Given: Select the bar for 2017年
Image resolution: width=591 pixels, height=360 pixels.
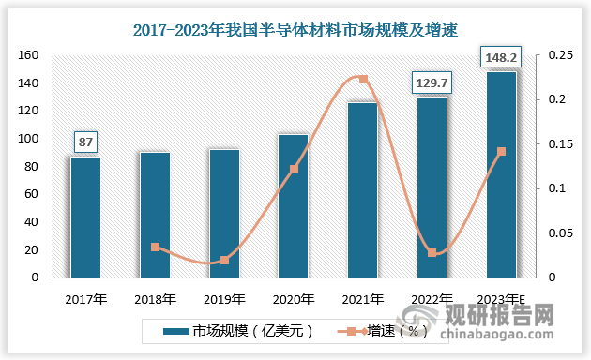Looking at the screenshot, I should [x=86, y=217].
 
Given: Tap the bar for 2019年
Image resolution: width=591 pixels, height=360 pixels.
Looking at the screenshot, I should [x=224, y=213].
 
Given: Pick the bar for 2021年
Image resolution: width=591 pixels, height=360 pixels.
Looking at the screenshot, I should [x=363, y=189].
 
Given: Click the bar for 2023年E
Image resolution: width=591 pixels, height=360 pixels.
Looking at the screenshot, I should [x=501, y=174].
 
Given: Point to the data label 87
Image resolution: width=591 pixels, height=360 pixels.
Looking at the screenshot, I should [x=86, y=142].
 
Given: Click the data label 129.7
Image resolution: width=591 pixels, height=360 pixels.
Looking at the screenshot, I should [x=432, y=83].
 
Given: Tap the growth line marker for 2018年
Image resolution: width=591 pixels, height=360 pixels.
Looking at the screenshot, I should [x=156, y=247].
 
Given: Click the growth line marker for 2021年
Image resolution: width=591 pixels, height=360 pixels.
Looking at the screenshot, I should [x=363, y=80].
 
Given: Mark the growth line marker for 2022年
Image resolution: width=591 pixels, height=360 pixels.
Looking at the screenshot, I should [x=432, y=253].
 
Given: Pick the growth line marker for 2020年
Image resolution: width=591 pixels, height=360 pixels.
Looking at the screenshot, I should [x=294, y=170].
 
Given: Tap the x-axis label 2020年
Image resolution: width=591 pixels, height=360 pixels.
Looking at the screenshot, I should [x=294, y=300].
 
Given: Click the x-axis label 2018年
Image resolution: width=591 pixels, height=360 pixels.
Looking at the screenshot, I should [x=156, y=300].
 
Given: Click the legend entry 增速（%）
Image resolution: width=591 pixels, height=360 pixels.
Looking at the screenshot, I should [x=386, y=331].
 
